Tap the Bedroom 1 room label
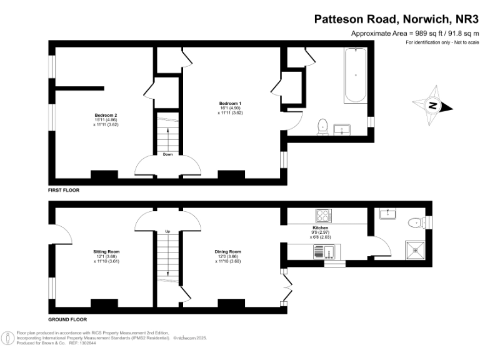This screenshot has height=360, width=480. (230, 103)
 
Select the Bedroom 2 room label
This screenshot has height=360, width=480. (106, 115)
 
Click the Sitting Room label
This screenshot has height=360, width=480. (106, 252)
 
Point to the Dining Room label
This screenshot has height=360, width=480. (230, 252)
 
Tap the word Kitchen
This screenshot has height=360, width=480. (320, 228)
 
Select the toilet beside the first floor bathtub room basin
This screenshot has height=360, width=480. (323, 126)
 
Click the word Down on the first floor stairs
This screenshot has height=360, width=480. (167, 154)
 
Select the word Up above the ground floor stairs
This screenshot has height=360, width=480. (167, 232)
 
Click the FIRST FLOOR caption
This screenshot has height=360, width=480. (64, 189)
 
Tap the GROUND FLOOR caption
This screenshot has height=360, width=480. (67, 319)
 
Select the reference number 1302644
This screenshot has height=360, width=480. (88, 343)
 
